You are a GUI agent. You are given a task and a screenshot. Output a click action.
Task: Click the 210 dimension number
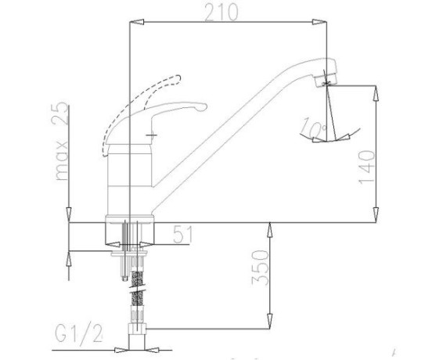221,12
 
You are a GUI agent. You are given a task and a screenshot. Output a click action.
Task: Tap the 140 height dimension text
367,166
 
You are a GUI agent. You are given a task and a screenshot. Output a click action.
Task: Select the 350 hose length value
260,268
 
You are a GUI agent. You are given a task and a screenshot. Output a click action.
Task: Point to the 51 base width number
183,234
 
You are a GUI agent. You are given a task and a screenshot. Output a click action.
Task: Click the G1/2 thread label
79,333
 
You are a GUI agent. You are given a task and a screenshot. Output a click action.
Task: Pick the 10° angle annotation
313,128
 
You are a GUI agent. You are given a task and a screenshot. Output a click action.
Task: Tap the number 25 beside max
60,113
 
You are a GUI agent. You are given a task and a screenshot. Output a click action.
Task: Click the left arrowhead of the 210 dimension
137,22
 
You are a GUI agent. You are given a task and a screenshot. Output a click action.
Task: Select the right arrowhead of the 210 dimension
319,22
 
